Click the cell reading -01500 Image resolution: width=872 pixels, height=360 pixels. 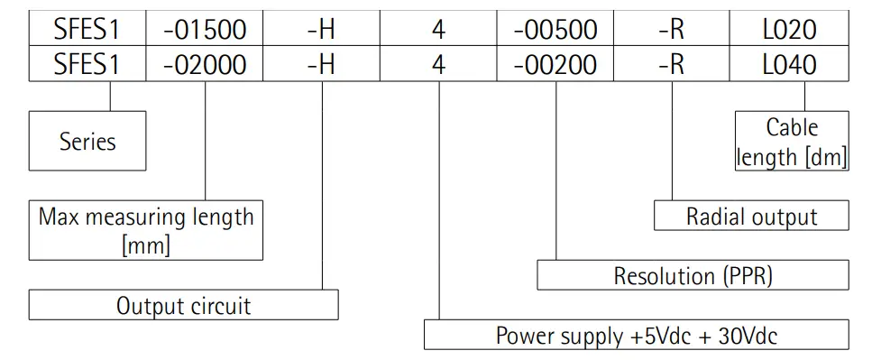pos(205,30)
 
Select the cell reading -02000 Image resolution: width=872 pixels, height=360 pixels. pos(205,65)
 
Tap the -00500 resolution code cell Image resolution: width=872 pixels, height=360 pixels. pos(555,30)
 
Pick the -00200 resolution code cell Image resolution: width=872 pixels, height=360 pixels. pos(555,65)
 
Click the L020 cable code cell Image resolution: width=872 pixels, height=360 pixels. pos(789,30)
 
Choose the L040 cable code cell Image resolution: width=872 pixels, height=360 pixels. pos(789,65)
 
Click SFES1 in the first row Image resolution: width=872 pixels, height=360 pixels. pos(87,30)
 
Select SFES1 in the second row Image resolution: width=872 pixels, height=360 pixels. pos(87,65)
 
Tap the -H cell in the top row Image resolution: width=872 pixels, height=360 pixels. pos(321,30)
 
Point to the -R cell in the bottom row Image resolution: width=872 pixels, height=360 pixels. pos(672,65)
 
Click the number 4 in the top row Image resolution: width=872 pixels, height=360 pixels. pos(438,30)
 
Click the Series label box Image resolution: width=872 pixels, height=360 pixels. pos(87,142)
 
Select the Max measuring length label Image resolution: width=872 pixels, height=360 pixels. pos(146,217)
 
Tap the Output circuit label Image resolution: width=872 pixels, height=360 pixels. pos(183,306)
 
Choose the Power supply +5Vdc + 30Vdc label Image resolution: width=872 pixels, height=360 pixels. pos(636,337)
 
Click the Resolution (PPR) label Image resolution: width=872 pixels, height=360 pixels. pos(693,276)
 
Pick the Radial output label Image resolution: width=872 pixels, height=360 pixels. pos(751,217)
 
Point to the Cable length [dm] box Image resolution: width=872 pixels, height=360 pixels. pos(792,142)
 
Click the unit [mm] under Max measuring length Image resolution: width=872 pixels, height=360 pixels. pos(145,245)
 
